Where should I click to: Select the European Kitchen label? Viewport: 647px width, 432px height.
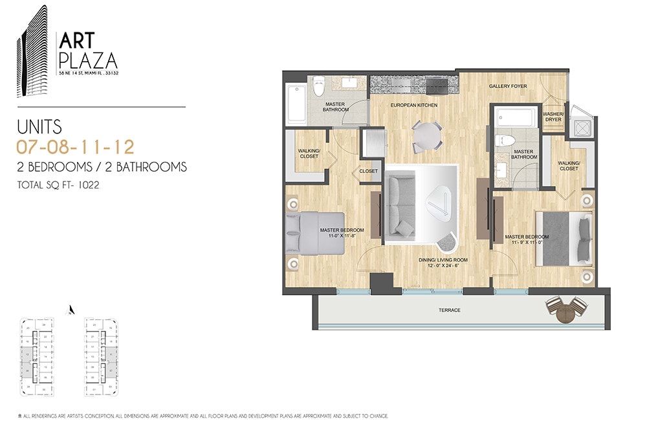[x=413, y=104]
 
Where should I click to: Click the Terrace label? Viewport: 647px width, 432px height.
[x=448, y=310]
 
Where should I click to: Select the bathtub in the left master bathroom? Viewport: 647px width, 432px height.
[x=297, y=104]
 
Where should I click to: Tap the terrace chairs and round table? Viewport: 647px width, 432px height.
[x=566, y=308]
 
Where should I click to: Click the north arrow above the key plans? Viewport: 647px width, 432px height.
[x=72, y=310]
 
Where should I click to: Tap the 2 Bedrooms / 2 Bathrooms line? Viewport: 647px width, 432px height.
[x=102, y=167]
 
